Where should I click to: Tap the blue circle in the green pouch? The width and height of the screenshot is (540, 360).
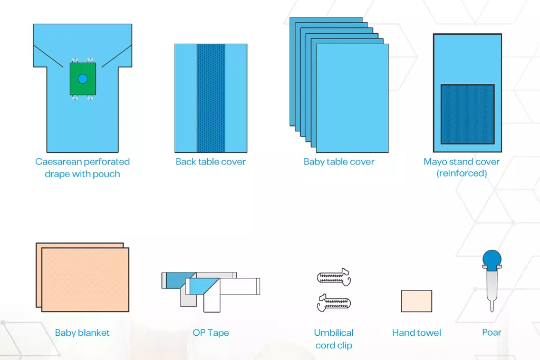pyautogui.click(x=83, y=79)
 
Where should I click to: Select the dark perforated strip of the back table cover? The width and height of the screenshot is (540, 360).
pyautogui.click(x=211, y=98)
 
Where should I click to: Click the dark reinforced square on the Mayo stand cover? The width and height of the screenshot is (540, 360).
pyautogui.click(x=467, y=114)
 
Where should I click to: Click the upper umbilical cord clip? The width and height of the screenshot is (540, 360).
pyautogui.click(x=334, y=277)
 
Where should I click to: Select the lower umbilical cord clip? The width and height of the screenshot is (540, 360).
pyautogui.click(x=334, y=303)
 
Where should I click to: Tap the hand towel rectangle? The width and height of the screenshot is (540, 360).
pyautogui.click(x=417, y=301)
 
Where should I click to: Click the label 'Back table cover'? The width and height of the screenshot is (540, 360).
pyautogui.click(x=211, y=162)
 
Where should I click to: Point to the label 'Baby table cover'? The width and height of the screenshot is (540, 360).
pyautogui.click(x=339, y=162)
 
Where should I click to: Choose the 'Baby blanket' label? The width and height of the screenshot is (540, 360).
pyautogui.click(x=82, y=333)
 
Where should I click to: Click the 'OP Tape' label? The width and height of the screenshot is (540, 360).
pyautogui.click(x=211, y=333)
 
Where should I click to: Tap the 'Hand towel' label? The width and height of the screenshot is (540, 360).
pyautogui.click(x=417, y=333)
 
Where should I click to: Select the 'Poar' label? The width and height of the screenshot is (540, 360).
pyautogui.click(x=491, y=332)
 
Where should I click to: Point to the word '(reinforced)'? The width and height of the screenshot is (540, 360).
pyautogui.click(x=462, y=173)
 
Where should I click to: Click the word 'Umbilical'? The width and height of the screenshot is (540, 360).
pyautogui.click(x=334, y=333)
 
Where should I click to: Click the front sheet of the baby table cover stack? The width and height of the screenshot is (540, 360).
pyautogui.click(x=352, y=98)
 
